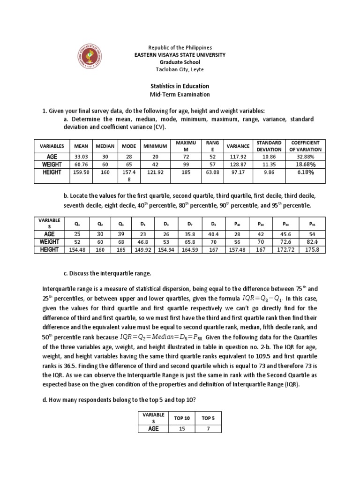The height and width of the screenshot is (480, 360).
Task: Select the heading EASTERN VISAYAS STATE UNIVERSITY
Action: coord(180,55)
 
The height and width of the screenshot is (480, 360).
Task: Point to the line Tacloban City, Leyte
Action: coord(180,69)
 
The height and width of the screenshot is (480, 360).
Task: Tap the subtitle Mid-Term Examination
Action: coord(180,95)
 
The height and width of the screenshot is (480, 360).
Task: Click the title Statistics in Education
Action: coord(180,86)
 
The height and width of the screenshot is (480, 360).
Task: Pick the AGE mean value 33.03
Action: coord(81,157)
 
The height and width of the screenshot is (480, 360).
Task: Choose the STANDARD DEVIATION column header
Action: coord(269,146)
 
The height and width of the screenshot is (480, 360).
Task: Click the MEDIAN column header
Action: coord(105,146)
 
